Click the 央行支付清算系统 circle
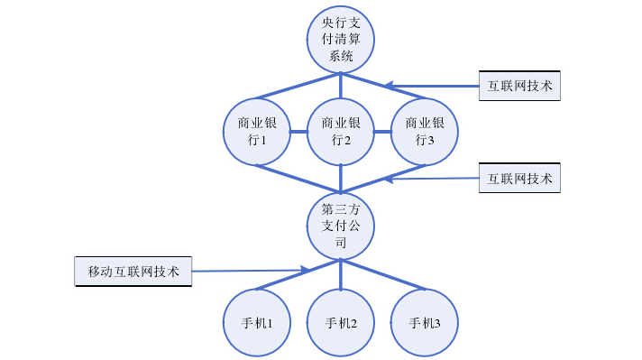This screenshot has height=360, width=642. click(x=340, y=41)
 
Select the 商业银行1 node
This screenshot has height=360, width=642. click(x=257, y=132)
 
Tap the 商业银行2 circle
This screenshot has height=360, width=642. click(x=340, y=132)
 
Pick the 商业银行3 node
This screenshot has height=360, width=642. click(x=424, y=132)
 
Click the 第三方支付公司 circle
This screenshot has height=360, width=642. click(x=340, y=226)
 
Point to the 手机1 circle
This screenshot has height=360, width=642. click(x=257, y=323)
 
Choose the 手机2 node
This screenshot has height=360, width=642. click(x=340, y=323)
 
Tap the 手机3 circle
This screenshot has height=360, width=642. click(x=424, y=323)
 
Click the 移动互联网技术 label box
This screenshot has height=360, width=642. click(x=133, y=272)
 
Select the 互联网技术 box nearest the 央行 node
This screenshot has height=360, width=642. click(x=520, y=86)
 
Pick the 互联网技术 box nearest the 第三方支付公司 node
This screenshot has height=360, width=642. click(x=520, y=178)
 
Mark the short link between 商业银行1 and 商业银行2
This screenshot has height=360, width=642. click(x=298, y=132)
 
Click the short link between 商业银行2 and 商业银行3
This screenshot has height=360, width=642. click(x=382, y=132)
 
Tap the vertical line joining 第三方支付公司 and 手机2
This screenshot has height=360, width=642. click(x=340, y=275)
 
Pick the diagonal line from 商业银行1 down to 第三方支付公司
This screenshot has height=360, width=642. click(x=298, y=179)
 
